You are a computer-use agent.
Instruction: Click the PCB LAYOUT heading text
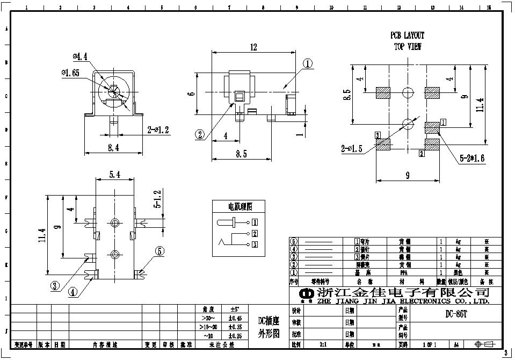pyautogui.click(x=407, y=35)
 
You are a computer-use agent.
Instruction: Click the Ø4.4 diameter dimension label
pyautogui.click(x=81, y=56)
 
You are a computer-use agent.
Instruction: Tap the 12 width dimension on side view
pyautogui.click(x=253, y=47)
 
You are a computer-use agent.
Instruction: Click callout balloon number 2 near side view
pyautogui.click(x=200, y=134)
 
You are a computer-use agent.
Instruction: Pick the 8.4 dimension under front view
pyautogui.click(x=112, y=148)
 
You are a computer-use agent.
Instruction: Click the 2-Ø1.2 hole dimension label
pyautogui.click(x=158, y=129)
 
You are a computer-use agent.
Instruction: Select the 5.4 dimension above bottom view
pyautogui.click(x=115, y=175)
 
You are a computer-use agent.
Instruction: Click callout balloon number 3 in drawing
pyautogui.click(x=55, y=286)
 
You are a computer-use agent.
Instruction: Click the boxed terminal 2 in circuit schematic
pyautogui.click(x=255, y=233)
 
